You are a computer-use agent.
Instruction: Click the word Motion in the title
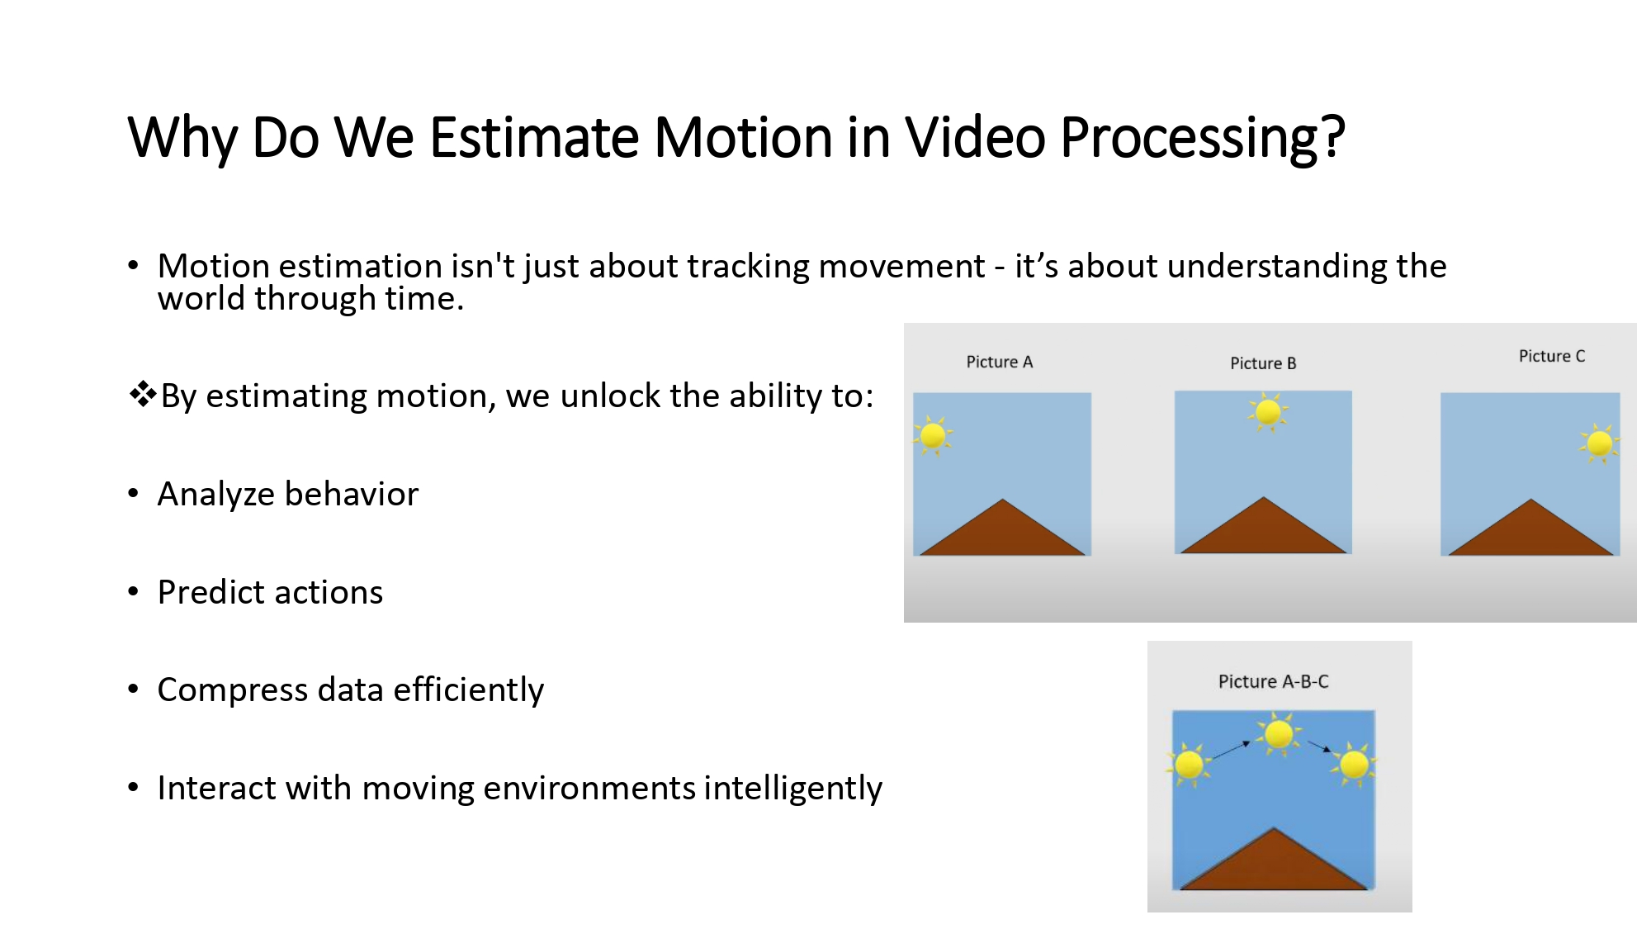(x=743, y=137)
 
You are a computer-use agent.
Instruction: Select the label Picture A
(x=999, y=362)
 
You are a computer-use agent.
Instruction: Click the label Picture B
(x=1262, y=363)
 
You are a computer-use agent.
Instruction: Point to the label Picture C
(x=1551, y=356)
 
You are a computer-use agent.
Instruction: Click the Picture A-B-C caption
(x=1273, y=681)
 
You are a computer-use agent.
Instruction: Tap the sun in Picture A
(x=933, y=435)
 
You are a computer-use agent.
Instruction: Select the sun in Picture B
(x=1268, y=411)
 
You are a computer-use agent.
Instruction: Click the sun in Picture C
(x=1599, y=443)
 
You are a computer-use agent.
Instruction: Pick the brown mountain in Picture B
(x=1262, y=533)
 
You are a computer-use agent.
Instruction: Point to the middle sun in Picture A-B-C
(x=1279, y=733)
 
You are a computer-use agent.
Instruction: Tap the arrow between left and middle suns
(x=1231, y=750)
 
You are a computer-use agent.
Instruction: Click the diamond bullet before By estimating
(x=143, y=394)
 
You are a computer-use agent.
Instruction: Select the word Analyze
(x=216, y=495)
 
